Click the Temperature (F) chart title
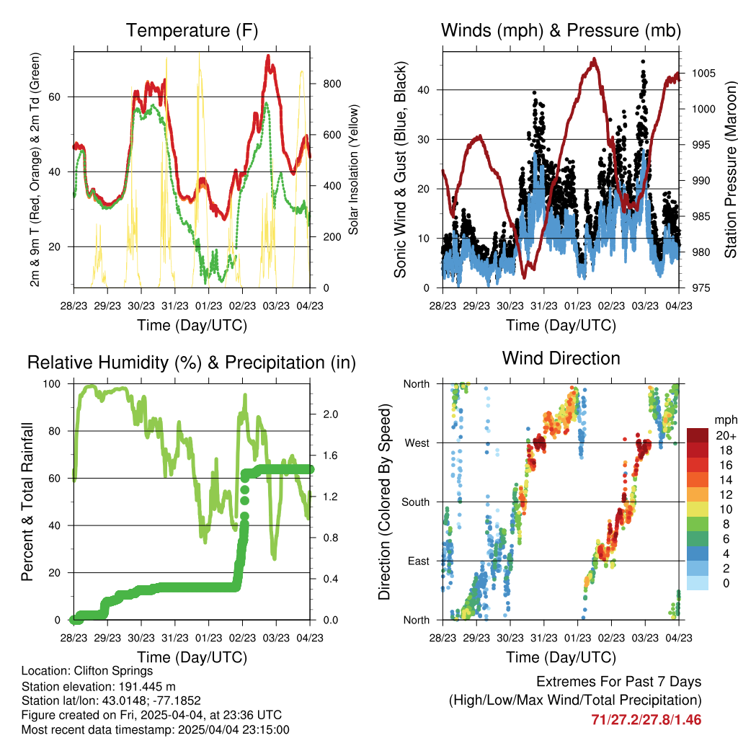[x=192, y=30]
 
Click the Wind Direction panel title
[x=561, y=358]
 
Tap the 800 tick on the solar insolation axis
[x=332, y=84]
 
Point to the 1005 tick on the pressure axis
[x=703, y=74]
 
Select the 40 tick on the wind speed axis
[x=424, y=90]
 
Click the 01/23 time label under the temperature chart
[x=208, y=306]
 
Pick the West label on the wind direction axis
[x=417, y=443]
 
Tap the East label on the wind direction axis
[x=419, y=561]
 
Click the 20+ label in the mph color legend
[x=726, y=435]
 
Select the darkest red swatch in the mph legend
[x=698, y=435]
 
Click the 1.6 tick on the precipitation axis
[x=330, y=455]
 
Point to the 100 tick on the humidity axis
[x=52, y=384]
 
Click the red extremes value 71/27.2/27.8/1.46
[x=646, y=720]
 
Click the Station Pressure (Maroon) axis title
[x=730, y=169]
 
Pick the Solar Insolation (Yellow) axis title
[x=353, y=169]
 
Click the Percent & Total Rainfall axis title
[x=27, y=502]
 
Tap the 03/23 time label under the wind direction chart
[x=645, y=638]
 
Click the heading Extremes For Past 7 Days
[x=619, y=682]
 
